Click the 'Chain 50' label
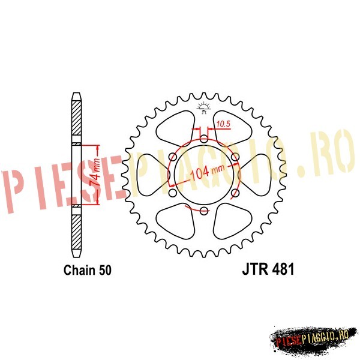88,270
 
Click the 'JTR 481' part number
268,269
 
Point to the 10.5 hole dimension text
223,124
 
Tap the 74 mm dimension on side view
95,172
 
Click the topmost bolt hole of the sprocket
203,139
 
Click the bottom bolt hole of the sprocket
203,211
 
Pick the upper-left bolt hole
173,157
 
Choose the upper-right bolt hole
235,157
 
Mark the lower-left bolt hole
173,193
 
